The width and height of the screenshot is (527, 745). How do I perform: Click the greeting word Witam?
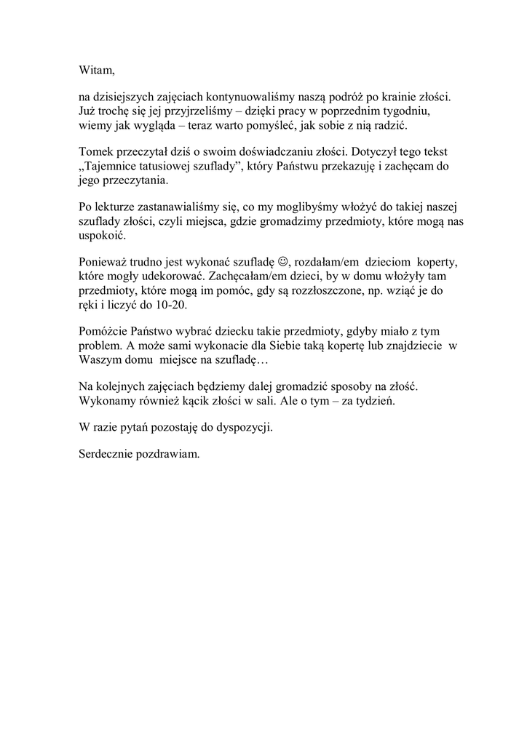click(x=96, y=71)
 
